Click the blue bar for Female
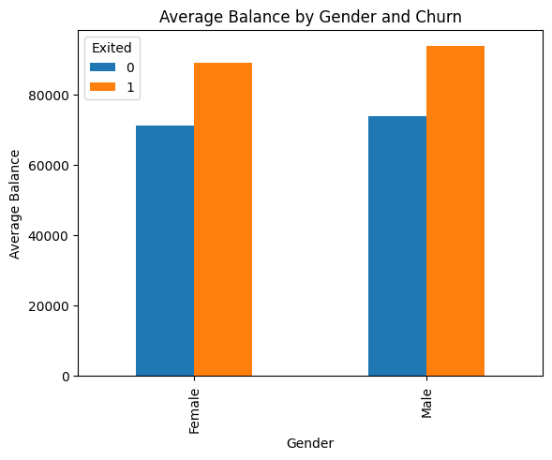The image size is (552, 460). click(165, 251)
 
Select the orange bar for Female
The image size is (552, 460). click(223, 219)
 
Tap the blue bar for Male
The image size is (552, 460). click(397, 245)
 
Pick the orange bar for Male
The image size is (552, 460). click(455, 211)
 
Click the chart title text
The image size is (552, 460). click(310, 16)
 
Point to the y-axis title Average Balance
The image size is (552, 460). click(15, 203)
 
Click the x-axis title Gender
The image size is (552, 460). click(310, 442)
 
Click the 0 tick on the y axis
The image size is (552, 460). click(66, 377)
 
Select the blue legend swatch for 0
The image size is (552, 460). click(103, 67)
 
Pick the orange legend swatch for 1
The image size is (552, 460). click(103, 86)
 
